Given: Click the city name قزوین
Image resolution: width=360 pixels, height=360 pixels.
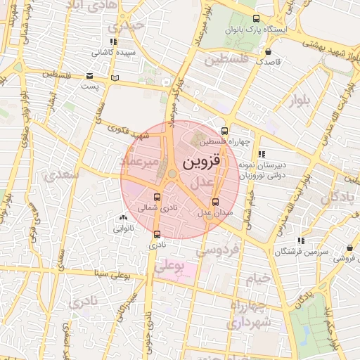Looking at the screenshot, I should (201, 162).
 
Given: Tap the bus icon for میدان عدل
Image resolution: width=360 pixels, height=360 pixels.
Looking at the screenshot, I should (215, 202).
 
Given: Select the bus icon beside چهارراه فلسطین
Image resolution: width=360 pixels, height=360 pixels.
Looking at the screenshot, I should (224, 130).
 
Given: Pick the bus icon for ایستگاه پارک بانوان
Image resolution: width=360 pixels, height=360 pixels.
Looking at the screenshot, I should (255, 19).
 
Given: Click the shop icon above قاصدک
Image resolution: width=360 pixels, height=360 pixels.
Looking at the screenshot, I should (268, 51).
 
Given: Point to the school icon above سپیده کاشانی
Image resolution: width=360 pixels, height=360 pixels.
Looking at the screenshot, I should (112, 42).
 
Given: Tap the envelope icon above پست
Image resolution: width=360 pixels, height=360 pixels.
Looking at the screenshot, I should (89, 76).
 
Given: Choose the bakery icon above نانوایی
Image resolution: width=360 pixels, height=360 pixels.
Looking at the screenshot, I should (124, 218).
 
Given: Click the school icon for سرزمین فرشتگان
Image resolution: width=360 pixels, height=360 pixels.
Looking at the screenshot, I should (302, 241).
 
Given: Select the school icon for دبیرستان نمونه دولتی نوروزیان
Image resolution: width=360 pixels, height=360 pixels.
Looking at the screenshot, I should (262, 153).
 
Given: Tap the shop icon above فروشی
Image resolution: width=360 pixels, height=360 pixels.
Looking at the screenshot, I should (349, 248).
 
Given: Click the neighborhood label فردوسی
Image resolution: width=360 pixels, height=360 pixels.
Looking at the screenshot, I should (217, 250).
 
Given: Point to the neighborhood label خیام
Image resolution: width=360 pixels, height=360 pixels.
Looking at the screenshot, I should (258, 278).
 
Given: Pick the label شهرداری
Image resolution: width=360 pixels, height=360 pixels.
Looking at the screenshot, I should (248, 323).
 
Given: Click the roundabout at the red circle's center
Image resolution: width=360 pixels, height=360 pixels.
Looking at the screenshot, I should (172, 174).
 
